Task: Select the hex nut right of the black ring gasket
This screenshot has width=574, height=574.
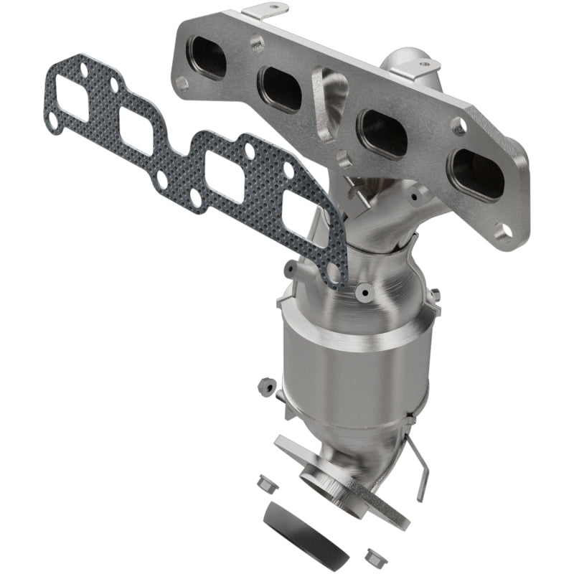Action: point(372,555)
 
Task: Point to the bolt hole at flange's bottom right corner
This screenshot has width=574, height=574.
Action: point(504,230)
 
